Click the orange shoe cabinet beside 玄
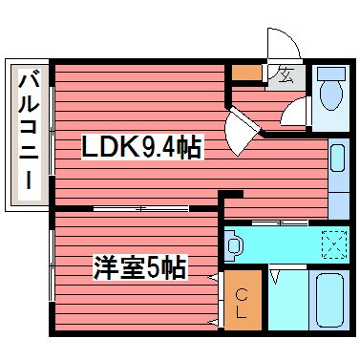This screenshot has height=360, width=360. (x=247, y=72)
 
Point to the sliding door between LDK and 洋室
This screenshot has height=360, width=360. (x=143, y=208)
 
